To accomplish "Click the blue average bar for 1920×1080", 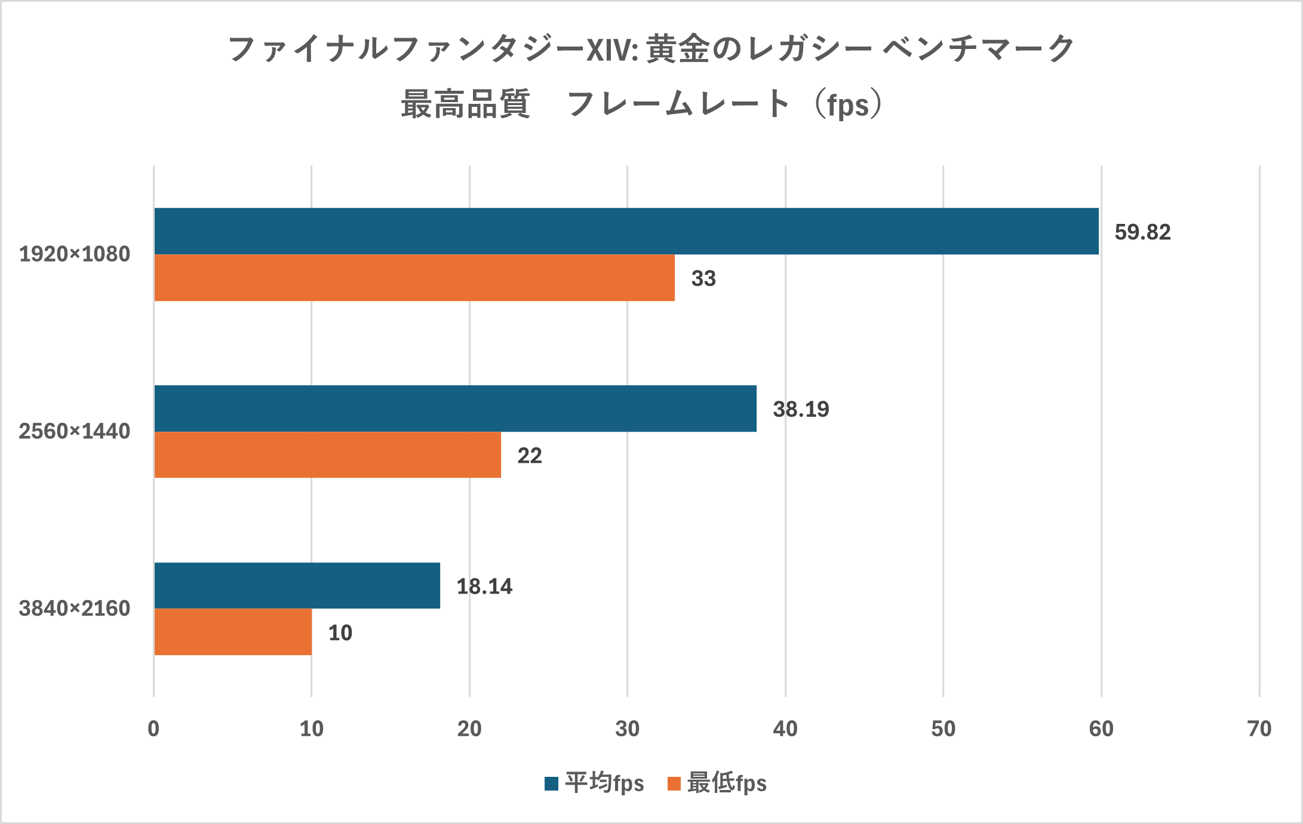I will (626, 231).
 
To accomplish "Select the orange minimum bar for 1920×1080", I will (414, 278).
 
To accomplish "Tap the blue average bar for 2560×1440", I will (455, 408).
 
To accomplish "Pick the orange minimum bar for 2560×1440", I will (327, 455).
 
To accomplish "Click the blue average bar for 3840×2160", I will (297, 586).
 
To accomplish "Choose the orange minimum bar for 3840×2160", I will (233, 632).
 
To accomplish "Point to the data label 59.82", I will (1142, 232).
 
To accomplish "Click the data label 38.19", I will (801, 410).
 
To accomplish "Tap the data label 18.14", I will (484, 586).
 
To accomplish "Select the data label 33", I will (703, 279).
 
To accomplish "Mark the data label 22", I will (530, 456).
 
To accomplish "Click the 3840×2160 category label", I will (75, 608).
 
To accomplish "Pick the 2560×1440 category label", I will (75, 431).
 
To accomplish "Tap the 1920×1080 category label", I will (75, 254).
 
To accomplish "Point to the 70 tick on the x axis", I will (1259, 729).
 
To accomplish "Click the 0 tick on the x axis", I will (153, 729).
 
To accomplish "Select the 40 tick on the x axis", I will (785, 729).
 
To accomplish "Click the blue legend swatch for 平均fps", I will (551, 783).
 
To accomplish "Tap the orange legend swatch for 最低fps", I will (674, 783).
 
